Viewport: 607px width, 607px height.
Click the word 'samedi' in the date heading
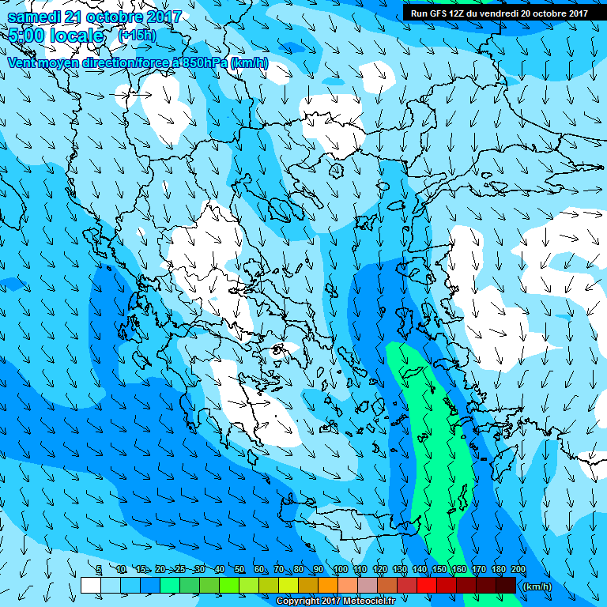tap(35, 16)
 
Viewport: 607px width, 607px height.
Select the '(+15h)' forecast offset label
tap(137, 36)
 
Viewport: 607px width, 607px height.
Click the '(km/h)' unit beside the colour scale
tap(537, 586)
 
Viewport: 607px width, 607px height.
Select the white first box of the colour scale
tap(90, 585)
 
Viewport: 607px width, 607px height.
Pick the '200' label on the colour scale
tap(518, 570)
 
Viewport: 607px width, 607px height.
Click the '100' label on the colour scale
tap(341, 570)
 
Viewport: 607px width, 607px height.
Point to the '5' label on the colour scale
tap(99, 570)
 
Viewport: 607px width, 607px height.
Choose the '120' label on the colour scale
tap(379, 570)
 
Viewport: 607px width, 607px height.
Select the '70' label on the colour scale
tap(279, 570)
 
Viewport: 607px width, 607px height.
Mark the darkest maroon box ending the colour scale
tap(506, 585)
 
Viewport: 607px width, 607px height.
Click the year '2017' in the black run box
tap(574, 13)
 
